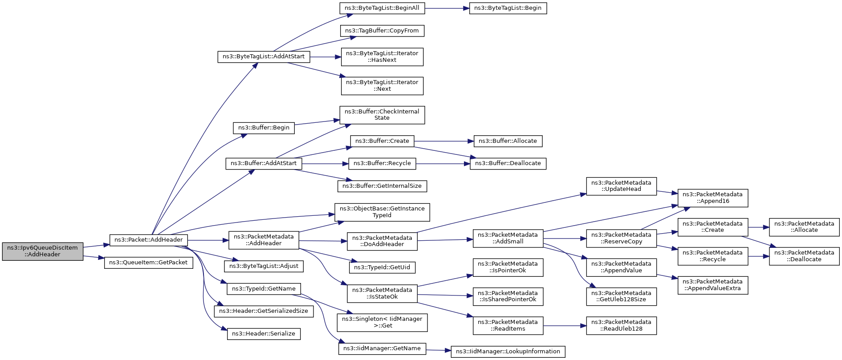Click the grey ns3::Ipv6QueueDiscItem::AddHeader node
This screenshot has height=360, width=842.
(43, 251)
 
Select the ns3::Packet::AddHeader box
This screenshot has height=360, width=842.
(149, 240)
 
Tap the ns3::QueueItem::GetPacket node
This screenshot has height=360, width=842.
(149, 263)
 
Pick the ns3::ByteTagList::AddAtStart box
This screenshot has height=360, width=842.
(264, 57)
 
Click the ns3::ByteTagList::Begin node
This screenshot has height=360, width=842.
(508, 8)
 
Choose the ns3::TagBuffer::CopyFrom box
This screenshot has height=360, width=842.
(382, 31)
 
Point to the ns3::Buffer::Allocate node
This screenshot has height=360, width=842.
(508, 141)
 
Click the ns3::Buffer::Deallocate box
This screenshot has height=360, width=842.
(508, 163)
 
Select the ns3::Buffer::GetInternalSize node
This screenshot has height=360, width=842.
(382, 186)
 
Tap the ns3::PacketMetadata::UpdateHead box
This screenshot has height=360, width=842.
(621, 186)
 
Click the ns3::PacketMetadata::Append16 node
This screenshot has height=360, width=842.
(713, 198)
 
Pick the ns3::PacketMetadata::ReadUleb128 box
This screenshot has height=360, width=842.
(621, 326)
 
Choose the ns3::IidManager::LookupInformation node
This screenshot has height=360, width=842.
(508, 352)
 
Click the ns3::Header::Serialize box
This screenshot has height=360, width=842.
(264, 334)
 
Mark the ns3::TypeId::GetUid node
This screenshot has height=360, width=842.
(382, 267)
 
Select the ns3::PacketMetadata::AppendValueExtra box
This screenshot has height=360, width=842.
(713, 285)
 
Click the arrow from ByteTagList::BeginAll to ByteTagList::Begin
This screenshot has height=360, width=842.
(447, 8)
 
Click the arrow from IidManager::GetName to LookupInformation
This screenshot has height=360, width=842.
(438, 351)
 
